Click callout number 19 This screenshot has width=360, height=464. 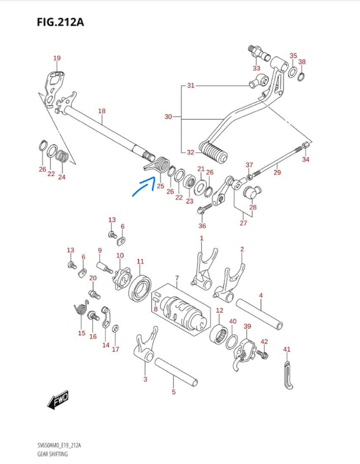pyautogui.click(x=57, y=58)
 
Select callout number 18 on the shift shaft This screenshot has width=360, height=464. pyautogui.click(x=101, y=111)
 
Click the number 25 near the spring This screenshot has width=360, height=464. pyautogui.click(x=160, y=186)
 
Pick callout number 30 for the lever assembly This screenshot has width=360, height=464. pyautogui.click(x=168, y=117)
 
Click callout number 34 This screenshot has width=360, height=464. pyautogui.click(x=306, y=159)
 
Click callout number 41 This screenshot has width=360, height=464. pyautogui.click(x=286, y=349)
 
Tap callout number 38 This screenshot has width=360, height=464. pyautogui.click(x=302, y=61)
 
